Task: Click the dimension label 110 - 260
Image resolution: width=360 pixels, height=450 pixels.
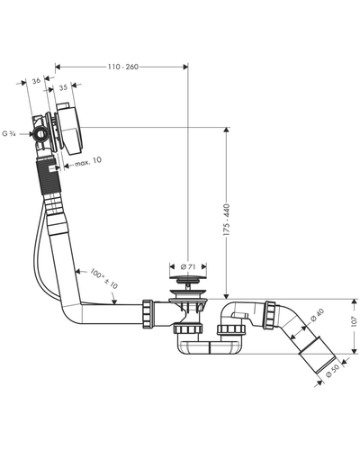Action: click(123, 67)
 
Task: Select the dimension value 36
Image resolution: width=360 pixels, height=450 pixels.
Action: click(36, 81)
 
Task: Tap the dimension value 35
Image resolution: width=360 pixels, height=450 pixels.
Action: click(63, 88)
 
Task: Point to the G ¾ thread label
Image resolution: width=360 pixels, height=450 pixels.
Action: click(9, 134)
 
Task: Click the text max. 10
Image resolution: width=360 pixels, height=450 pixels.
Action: click(88, 162)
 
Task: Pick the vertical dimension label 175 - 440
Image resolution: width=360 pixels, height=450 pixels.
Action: click(227, 220)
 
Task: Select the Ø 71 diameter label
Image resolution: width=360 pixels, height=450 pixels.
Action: click(188, 266)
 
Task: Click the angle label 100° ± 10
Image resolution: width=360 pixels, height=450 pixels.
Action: click(103, 279)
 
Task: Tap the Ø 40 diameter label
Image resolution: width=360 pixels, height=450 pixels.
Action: click(317, 315)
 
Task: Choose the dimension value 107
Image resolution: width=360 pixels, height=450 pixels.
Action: click(355, 321)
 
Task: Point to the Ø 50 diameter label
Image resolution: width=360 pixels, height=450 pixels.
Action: click(332, 371)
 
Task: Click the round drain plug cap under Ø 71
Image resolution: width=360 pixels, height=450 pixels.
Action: click(188, 280)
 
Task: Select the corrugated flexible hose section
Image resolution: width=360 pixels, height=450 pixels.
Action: click(49, 175)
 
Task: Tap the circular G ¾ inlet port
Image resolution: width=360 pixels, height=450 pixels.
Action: click(40, 134)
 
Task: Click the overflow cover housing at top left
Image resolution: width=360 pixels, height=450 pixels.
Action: click(70, 129)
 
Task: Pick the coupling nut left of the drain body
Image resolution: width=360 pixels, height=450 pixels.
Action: click(148, 314)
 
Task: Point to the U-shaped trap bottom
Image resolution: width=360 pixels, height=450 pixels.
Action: click(209, 347)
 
